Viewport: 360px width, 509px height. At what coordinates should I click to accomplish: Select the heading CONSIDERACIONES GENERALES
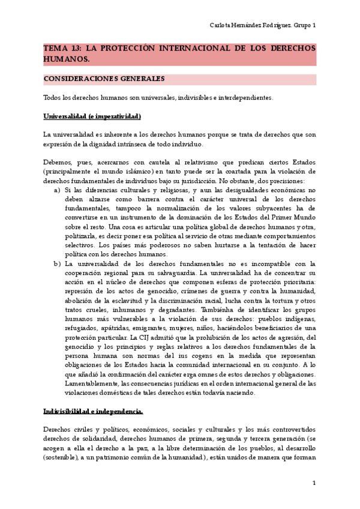click(x=104, y=79)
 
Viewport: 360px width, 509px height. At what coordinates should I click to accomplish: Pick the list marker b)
click(x=57, y=263)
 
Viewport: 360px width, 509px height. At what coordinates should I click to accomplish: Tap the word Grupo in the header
click(x=298, y=25)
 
